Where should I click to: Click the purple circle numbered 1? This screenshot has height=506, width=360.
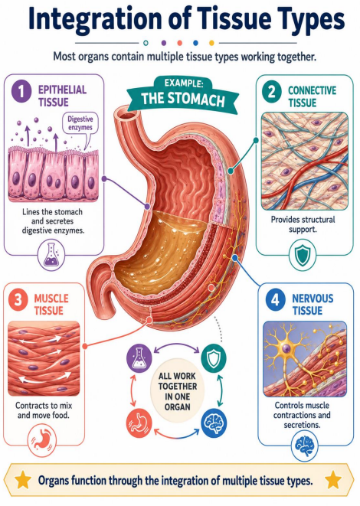pos(21,91)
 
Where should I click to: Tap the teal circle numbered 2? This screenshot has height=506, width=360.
pos(272,92)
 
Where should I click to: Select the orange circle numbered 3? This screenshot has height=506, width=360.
pos(18,300)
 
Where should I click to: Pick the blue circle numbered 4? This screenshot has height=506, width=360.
pos(276,300)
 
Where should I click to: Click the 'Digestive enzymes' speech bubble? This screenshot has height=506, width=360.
pos(80,124)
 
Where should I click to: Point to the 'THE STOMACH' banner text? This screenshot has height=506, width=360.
pos(183,99)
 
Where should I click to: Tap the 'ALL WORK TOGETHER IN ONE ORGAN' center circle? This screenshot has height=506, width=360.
pos(177,391)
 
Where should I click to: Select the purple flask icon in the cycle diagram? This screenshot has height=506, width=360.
pos(139,358)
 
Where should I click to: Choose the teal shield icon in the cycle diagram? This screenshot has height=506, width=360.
pos(214,358)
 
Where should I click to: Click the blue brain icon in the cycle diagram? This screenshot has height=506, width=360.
pos(214,423)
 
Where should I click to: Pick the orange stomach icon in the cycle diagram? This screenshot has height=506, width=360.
pos(139,423)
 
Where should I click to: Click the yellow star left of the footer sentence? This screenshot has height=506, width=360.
pos(23,480)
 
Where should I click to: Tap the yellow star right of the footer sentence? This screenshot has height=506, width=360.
pos(333,480)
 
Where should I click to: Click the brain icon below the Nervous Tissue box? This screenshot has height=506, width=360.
pos(304,446)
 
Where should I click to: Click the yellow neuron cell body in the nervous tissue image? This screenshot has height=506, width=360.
pos(286,348)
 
